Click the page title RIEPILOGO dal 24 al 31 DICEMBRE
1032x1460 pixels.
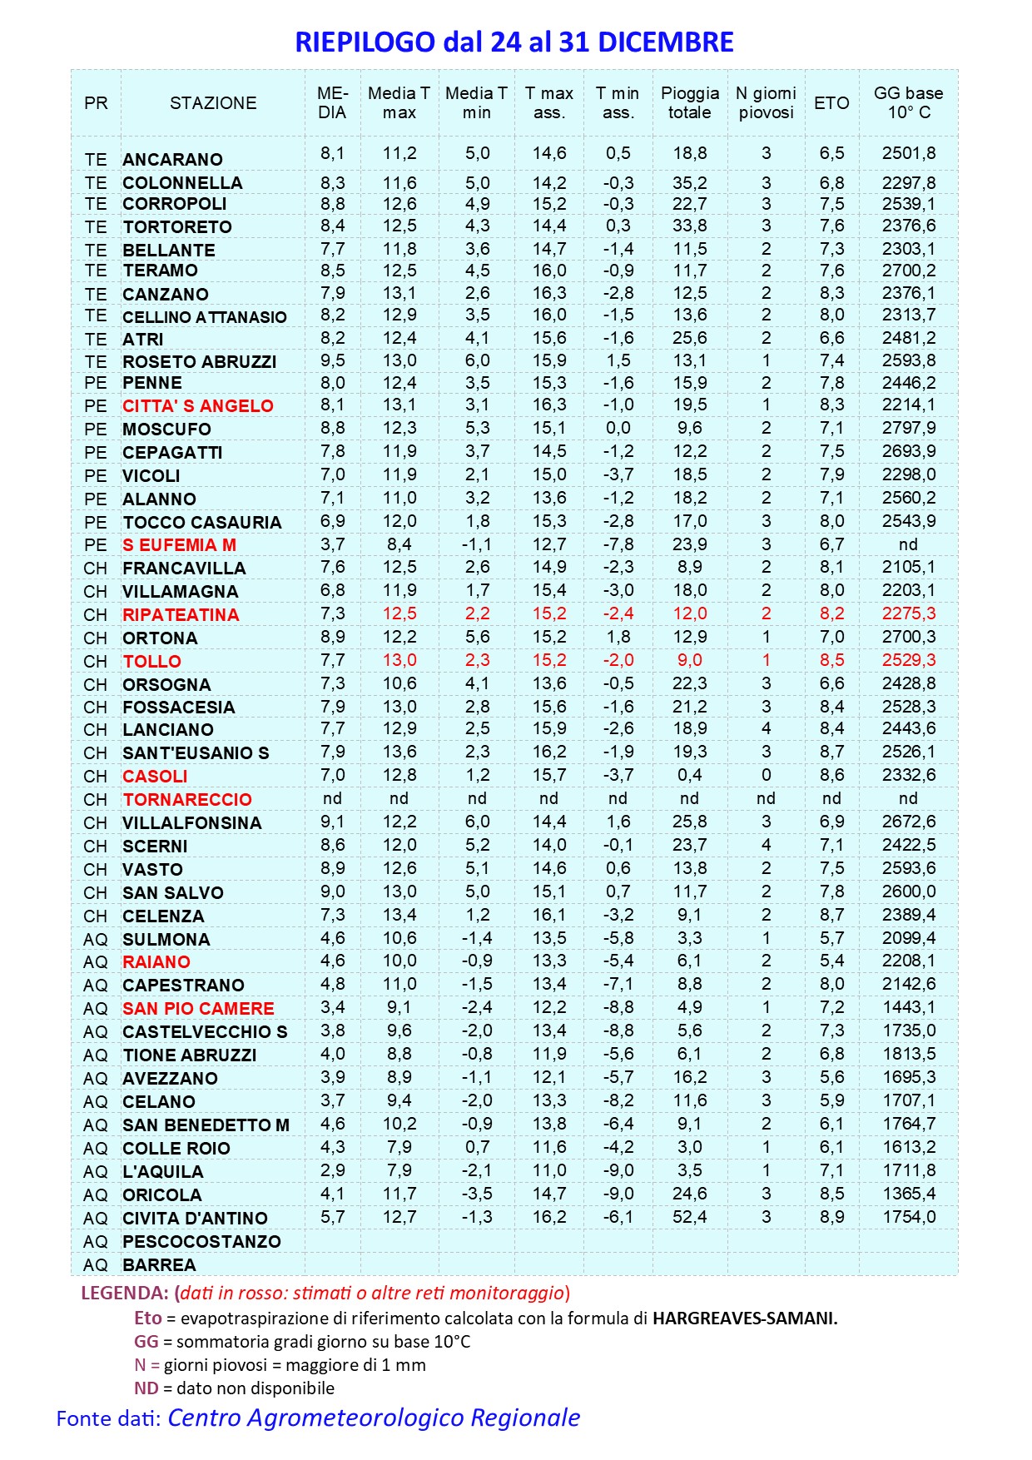coord(514,42)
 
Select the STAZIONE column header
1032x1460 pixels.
coord(213,103)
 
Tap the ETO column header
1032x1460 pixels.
coord(831,103)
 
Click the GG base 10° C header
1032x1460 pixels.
coord(908,103)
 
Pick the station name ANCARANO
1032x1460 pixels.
coord(172,159)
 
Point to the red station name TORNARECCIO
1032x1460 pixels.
coord(187,799)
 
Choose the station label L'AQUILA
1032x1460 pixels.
coord(162,1171)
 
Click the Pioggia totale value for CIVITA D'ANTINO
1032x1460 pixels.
coord(689,1217)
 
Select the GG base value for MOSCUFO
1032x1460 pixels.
coord(908,428)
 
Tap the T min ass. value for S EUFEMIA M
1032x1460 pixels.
coord(618,544)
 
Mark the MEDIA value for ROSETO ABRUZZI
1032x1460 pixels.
coord(332,360)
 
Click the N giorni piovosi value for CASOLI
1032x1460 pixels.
coord(766,775)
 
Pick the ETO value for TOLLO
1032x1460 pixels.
coord(831,660)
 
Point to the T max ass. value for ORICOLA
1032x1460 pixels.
coord(549,1194)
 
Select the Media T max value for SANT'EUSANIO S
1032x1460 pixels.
coord(399,752)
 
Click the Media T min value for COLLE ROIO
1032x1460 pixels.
coord(477,1147)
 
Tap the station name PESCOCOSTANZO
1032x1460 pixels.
coord(201,1241)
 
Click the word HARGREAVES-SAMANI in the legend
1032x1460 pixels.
coord(744,1318)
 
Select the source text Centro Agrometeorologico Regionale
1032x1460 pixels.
coord(374,1418)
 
